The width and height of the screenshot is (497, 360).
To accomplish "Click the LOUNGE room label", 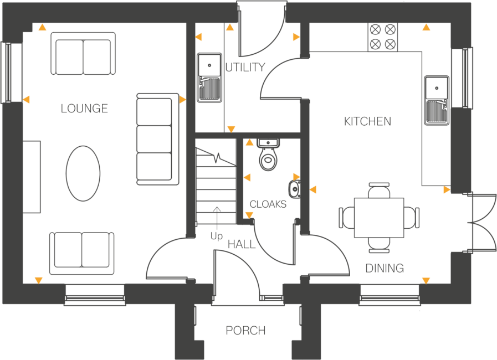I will pos(84,109).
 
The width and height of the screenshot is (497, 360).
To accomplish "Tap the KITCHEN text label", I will pos(367,121).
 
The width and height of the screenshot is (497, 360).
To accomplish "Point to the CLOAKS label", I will pos(268,204).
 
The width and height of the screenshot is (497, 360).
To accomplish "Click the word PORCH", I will pos(245,331).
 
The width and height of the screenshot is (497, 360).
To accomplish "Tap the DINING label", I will pos(385,269).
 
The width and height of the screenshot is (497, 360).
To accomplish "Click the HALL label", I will pos(242,244).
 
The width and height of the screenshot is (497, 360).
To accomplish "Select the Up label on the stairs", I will pos(216,236).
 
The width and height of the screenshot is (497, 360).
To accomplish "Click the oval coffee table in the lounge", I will pos(83,173).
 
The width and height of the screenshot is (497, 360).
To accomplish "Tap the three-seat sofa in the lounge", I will pos(157,138).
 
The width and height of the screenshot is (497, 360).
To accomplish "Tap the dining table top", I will pos(379,217).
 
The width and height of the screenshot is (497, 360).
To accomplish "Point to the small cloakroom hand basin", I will pos(295,189).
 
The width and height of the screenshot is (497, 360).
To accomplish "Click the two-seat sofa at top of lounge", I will pos(83,53).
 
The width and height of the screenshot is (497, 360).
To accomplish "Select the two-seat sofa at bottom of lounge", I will pos(81,252).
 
